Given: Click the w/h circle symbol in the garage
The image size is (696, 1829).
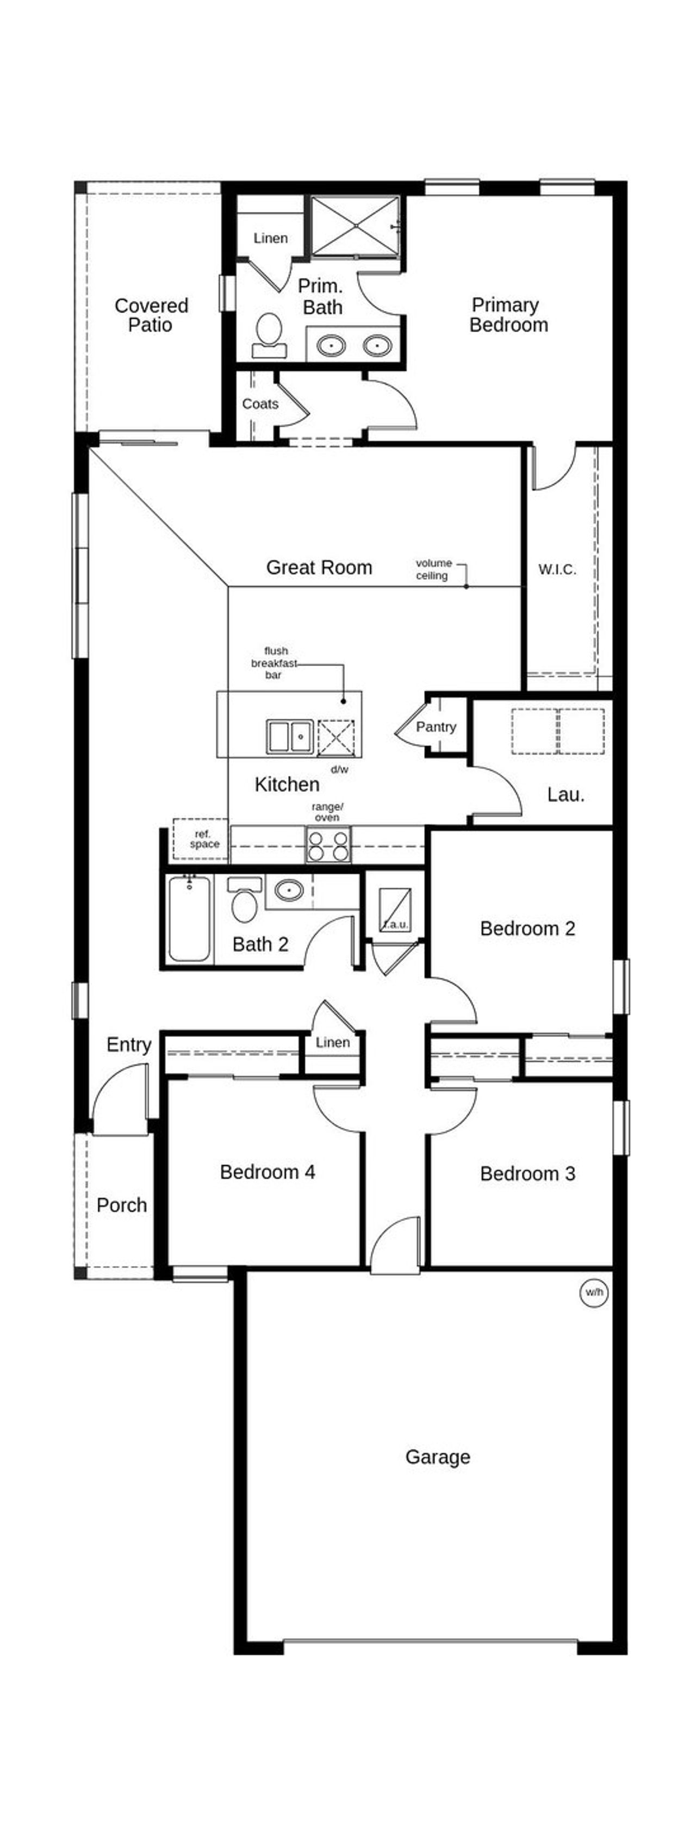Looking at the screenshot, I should pos(594,1292).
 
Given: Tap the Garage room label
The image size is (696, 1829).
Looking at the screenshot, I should pos(438,1457).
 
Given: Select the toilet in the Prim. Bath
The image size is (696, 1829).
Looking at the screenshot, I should pos(269,334).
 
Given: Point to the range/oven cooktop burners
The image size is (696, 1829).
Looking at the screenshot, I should pos(328,845).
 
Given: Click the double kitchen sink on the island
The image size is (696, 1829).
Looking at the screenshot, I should pos(290,736).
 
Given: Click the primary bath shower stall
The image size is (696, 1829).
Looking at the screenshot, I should pos(355,226).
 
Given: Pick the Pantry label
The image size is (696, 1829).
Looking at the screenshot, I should pos(436,726).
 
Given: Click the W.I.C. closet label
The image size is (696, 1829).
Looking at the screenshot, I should pos(557,569).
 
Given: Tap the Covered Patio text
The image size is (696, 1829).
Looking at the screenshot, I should pos(151,315).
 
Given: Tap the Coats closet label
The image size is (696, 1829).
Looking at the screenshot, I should pos(260,404).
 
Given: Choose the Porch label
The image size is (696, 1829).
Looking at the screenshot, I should pos(121,1205).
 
